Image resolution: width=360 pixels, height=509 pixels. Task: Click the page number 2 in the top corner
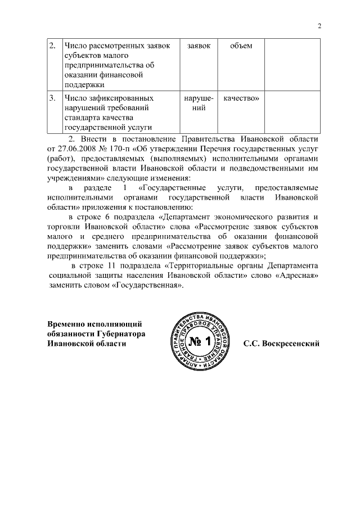coord(319,26)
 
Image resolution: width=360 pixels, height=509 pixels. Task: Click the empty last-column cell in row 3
coord(292,112)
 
